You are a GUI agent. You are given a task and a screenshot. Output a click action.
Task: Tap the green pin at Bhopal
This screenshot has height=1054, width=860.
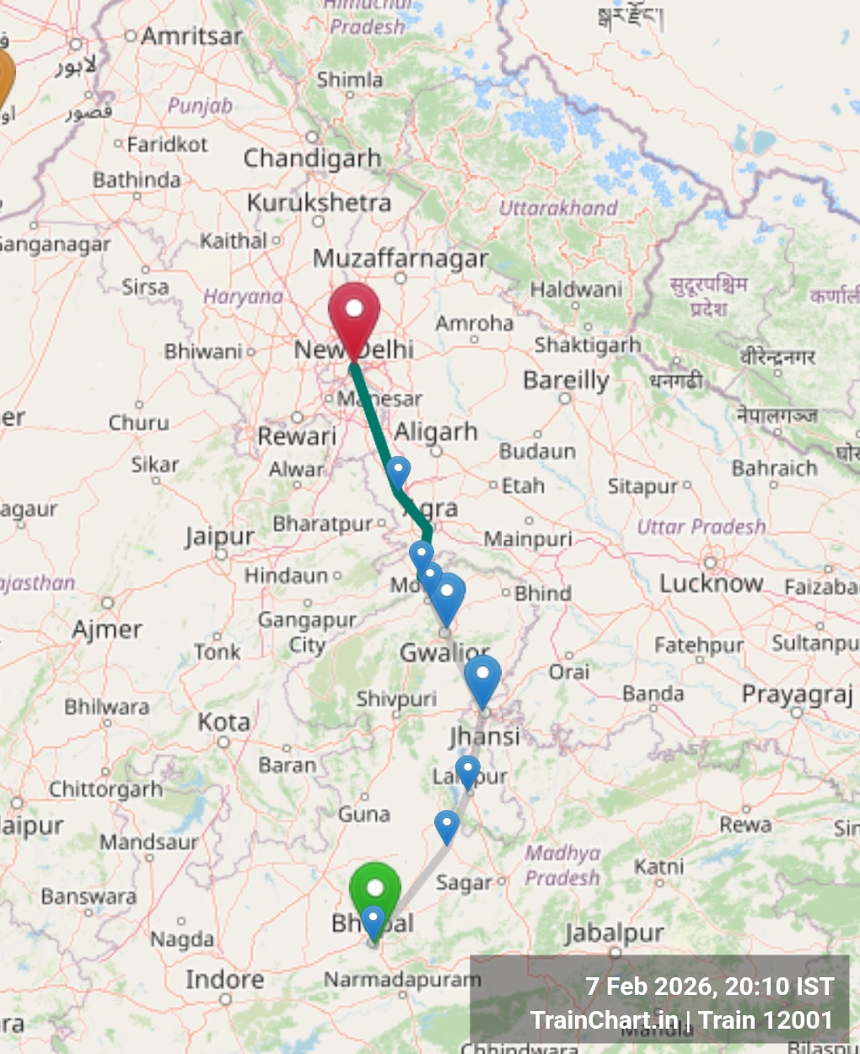click(374, 889)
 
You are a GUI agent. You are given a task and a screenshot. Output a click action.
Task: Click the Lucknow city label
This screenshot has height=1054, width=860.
click(711, 583)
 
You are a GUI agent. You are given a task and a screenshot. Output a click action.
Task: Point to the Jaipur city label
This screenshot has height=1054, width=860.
click(220, 536)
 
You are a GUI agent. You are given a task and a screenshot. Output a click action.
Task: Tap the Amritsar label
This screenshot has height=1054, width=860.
click(191, 36)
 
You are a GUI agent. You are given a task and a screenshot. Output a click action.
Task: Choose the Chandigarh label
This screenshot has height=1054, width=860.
click(312, 158)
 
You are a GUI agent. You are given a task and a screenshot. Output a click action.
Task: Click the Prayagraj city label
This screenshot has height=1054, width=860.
click(798, 694)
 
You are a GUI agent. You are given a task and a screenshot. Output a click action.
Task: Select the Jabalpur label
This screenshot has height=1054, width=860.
click(614, 933)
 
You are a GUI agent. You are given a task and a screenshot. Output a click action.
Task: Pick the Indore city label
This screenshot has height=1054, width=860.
click(224, 979)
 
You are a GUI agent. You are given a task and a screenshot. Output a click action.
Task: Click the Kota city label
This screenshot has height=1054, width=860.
click(223, 723)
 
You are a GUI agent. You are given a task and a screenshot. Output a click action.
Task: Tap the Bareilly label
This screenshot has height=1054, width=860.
click(566, 380)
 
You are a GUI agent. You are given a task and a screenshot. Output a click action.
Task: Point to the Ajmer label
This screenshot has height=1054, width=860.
click(107, 629)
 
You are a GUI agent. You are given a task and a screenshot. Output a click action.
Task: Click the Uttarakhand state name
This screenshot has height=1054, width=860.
click(558, 207)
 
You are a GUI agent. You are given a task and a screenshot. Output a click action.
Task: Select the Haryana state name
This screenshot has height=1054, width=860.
click(243, 297)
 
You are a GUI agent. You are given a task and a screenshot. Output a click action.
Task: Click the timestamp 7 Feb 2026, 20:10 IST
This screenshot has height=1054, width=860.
click(709, 987)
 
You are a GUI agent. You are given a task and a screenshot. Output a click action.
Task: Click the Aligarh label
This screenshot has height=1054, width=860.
click(436, 432)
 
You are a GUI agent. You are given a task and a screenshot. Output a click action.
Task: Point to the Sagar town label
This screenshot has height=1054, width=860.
click(464, 883)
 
